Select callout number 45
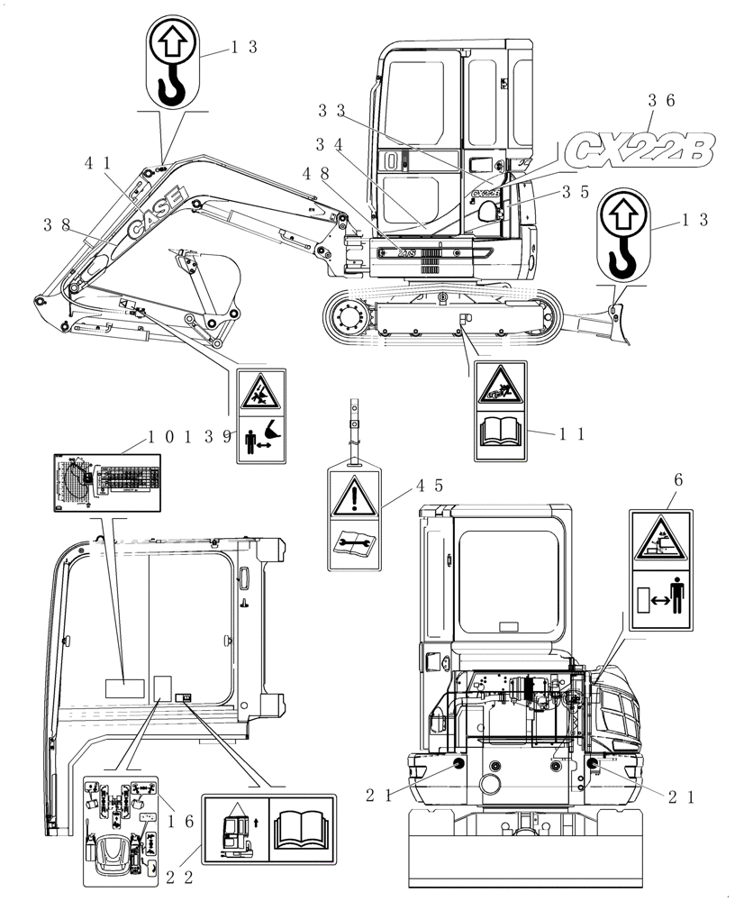429,486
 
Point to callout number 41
98,163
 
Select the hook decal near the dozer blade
621,235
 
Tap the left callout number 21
379,794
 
